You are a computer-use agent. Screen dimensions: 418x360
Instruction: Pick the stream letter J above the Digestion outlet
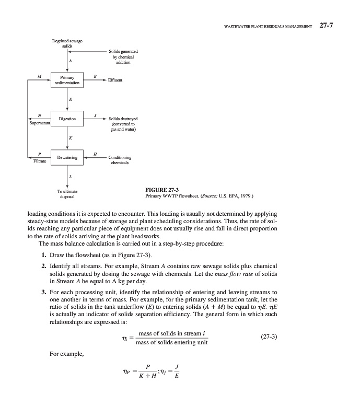[95, 114]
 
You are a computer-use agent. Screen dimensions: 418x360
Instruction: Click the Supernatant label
[39, 124]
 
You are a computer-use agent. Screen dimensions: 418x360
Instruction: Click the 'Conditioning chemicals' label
[120, 159]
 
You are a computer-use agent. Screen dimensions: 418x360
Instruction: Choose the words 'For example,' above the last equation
[63, 354]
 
